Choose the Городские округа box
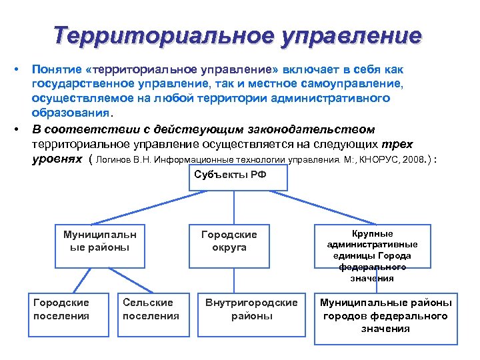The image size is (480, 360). pyautogui.click(x=229, y=241)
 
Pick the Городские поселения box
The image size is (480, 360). pyautogui.click(x=61, y=309)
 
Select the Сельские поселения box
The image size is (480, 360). pyautogui.click(x=151, y=309)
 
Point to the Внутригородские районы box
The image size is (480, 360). pyautogui.click(x=251, y=309)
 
